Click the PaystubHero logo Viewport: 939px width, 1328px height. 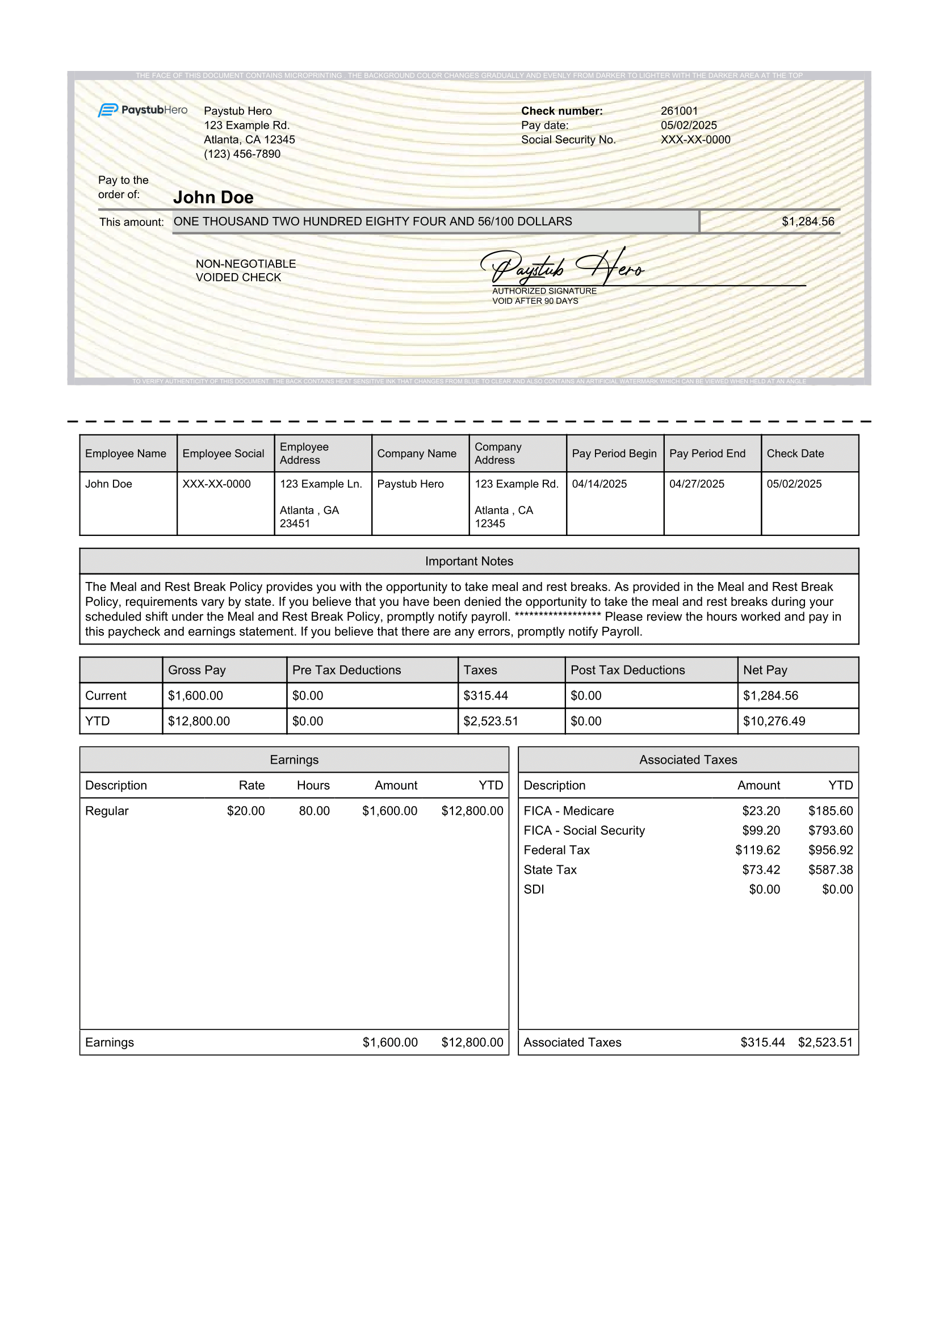pyautogui.click(x=143, y=110)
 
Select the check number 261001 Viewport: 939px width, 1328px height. pyautogui.click(x=680, y=111)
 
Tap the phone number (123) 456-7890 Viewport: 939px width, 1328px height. pyautogui.click(x=242, y=154)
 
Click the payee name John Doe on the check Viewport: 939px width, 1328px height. pyautogui.click(x=213, y=197)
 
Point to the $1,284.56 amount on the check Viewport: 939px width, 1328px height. pyautogui.click(x=808, y=221)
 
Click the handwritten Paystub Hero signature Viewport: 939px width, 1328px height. pyautogui.click(x=561, y=267)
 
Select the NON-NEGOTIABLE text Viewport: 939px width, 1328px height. pyautogui.click(x=246, y=264)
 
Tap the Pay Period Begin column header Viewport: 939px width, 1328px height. pyautogui.click(x=614, y=454)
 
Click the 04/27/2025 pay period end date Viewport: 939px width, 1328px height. pyautogui.click(x=697, y=484)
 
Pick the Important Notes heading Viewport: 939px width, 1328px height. pyautogui.click(x=469, y=561)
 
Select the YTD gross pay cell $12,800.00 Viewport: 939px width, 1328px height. pyautogui.click(x=199, y=720)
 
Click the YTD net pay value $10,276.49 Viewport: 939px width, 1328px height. pyautogui.click(x=774, y=720)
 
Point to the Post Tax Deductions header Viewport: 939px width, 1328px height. pyautogui.click(x=627, y=670)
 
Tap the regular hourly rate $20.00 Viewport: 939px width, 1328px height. pyautogui.click(x=246, y=811)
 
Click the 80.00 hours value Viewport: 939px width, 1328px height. pyautogui.click(x=314, y=811)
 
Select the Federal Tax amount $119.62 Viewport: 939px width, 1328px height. pyautogui.click(x=757, y=850)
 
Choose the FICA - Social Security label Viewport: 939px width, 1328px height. pyautogui.click(x=584, y=830)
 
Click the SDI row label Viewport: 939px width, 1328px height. pyautogui.click(x=534, y=889)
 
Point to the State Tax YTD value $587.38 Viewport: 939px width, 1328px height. pyautogui.click(x=831, y=869)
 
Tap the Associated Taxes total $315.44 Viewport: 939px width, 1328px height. pyautogui.click(x=762, y=1042)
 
